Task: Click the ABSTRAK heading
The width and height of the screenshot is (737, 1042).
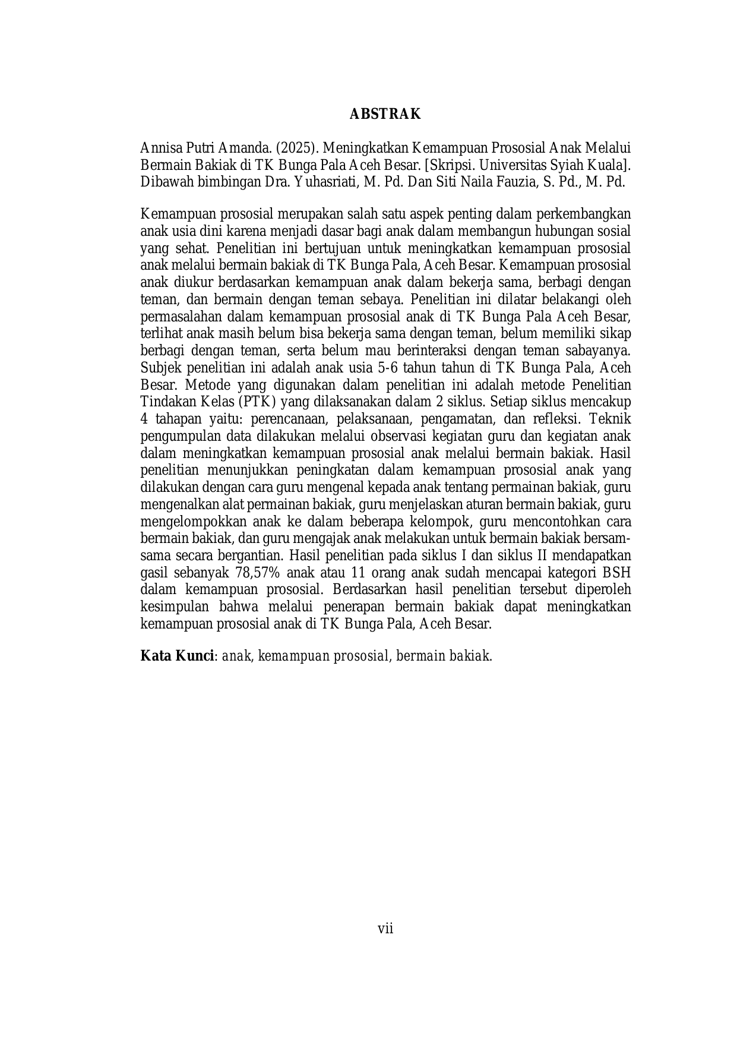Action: [x=385, y=114]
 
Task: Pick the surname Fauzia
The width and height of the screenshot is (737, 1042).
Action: [x=517, y=182]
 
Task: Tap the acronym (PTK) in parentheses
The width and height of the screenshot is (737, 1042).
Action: [x=255, y=401]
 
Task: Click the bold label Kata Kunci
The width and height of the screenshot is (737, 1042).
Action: [x=177, y=656]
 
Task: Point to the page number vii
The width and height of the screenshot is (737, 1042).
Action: [x=385, y=929]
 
